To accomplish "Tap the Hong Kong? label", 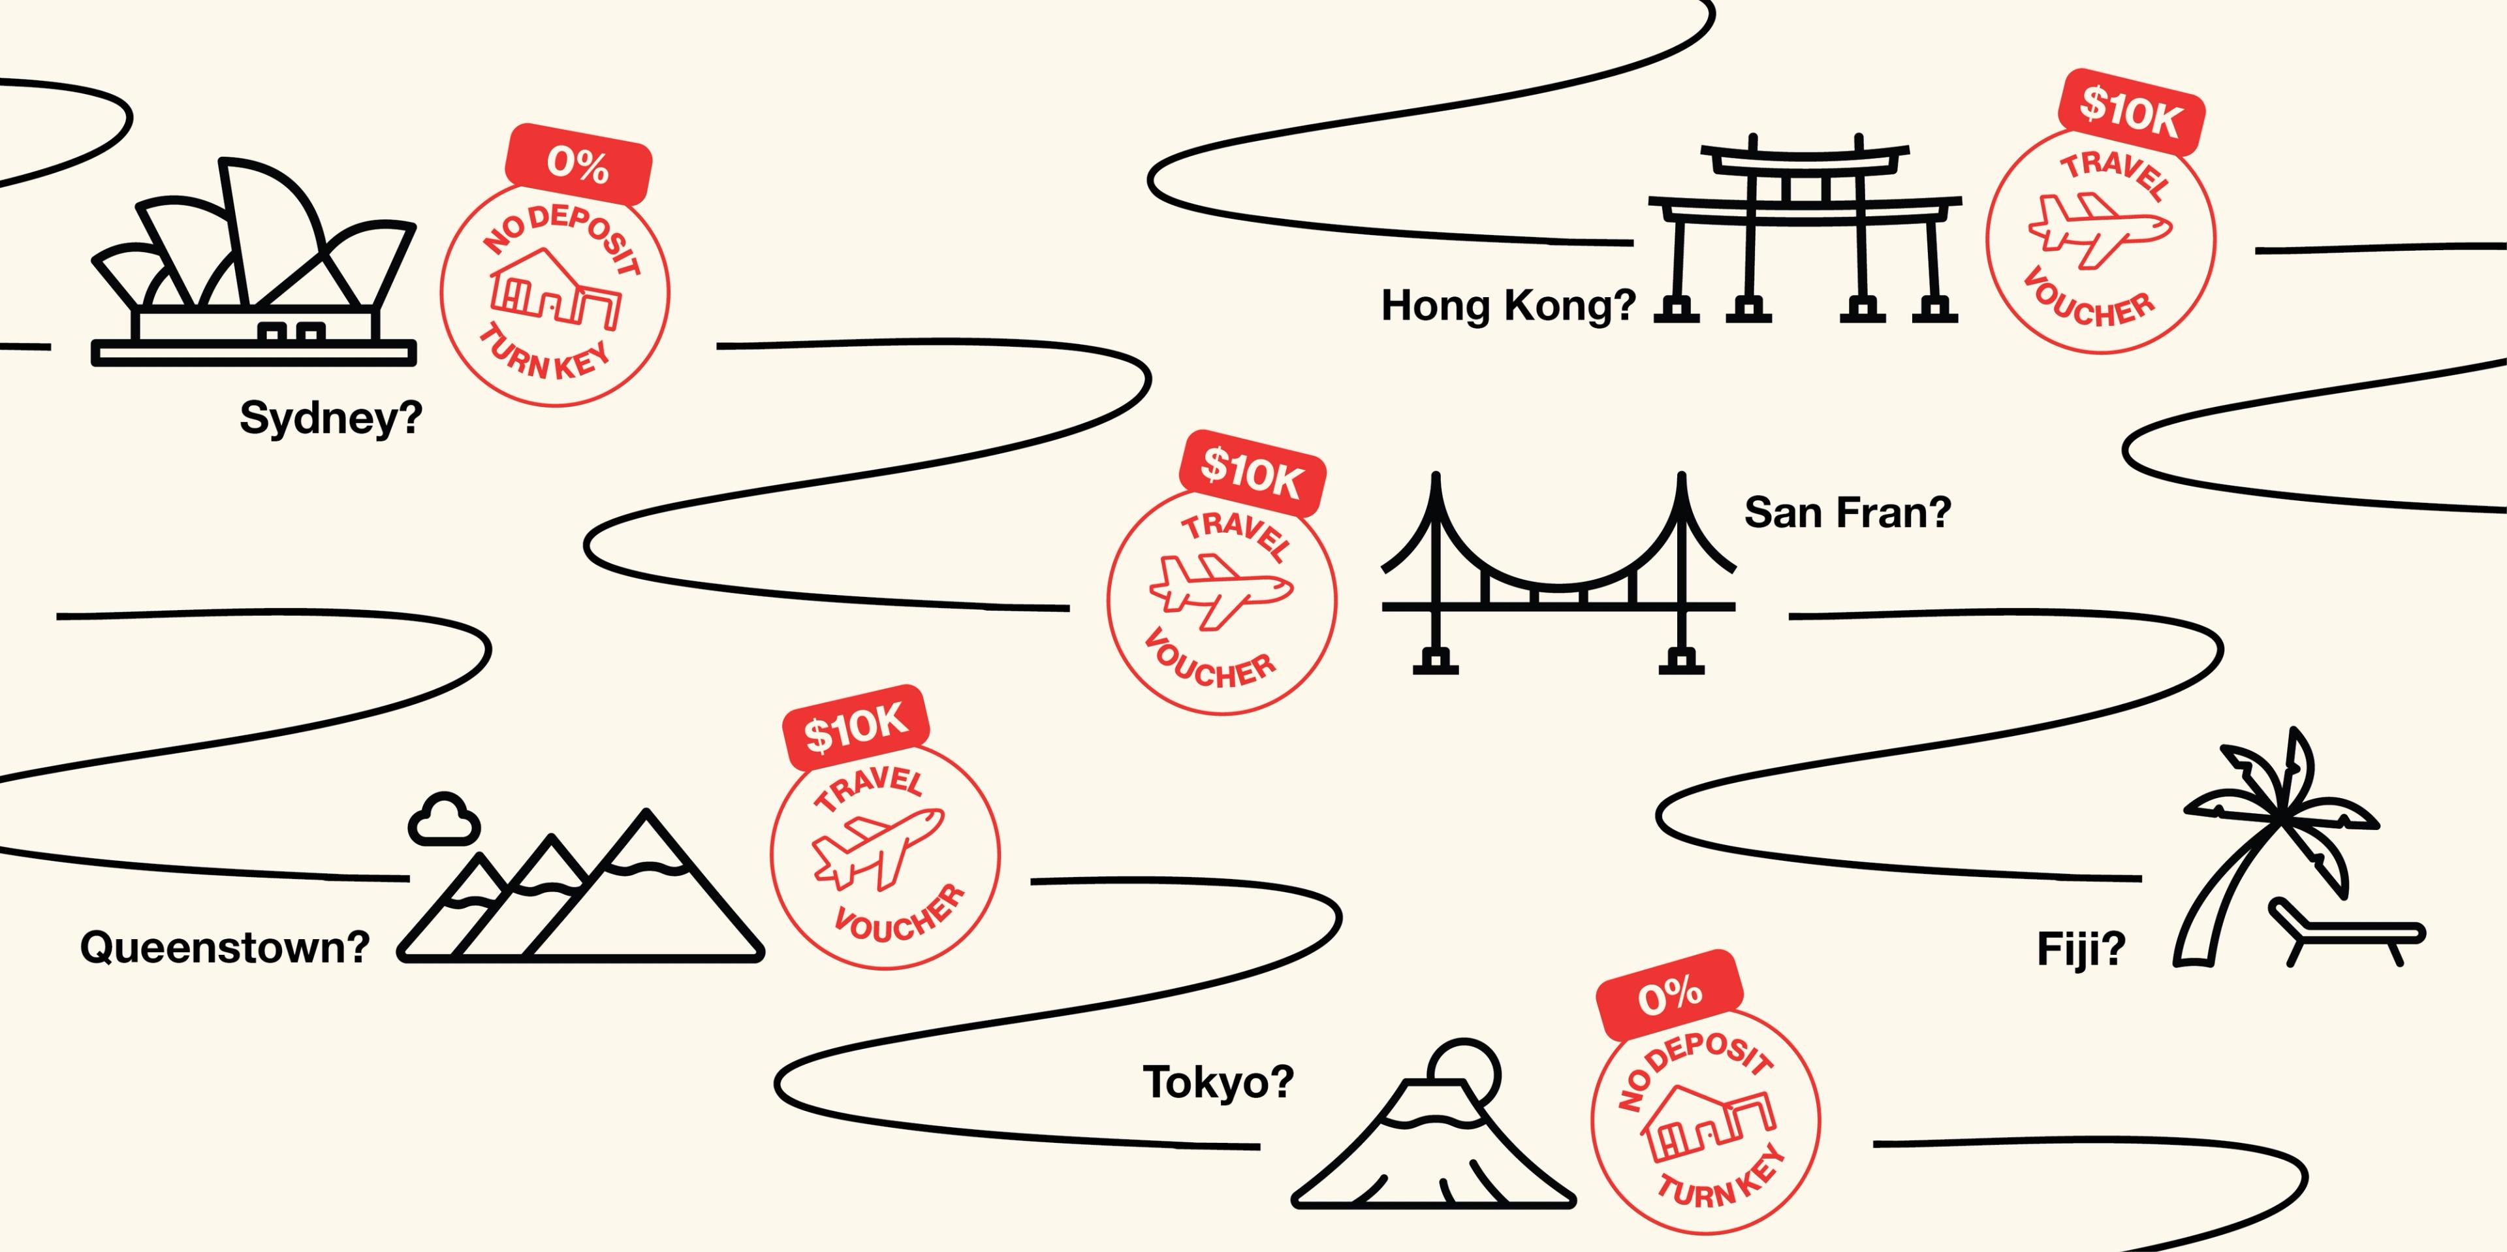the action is click(1509, 306).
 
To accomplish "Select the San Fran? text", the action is click(1847, 512).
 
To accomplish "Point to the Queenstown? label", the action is click(225, 947).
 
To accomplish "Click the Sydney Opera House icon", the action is click(254, 261).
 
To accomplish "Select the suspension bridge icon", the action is click(1558, 573).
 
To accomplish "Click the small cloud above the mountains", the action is click(444, 819).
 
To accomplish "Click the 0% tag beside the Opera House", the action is click(578, 163).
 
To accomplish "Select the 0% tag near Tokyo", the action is click(1670, 995).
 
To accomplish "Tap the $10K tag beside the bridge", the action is click(1252, 473).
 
